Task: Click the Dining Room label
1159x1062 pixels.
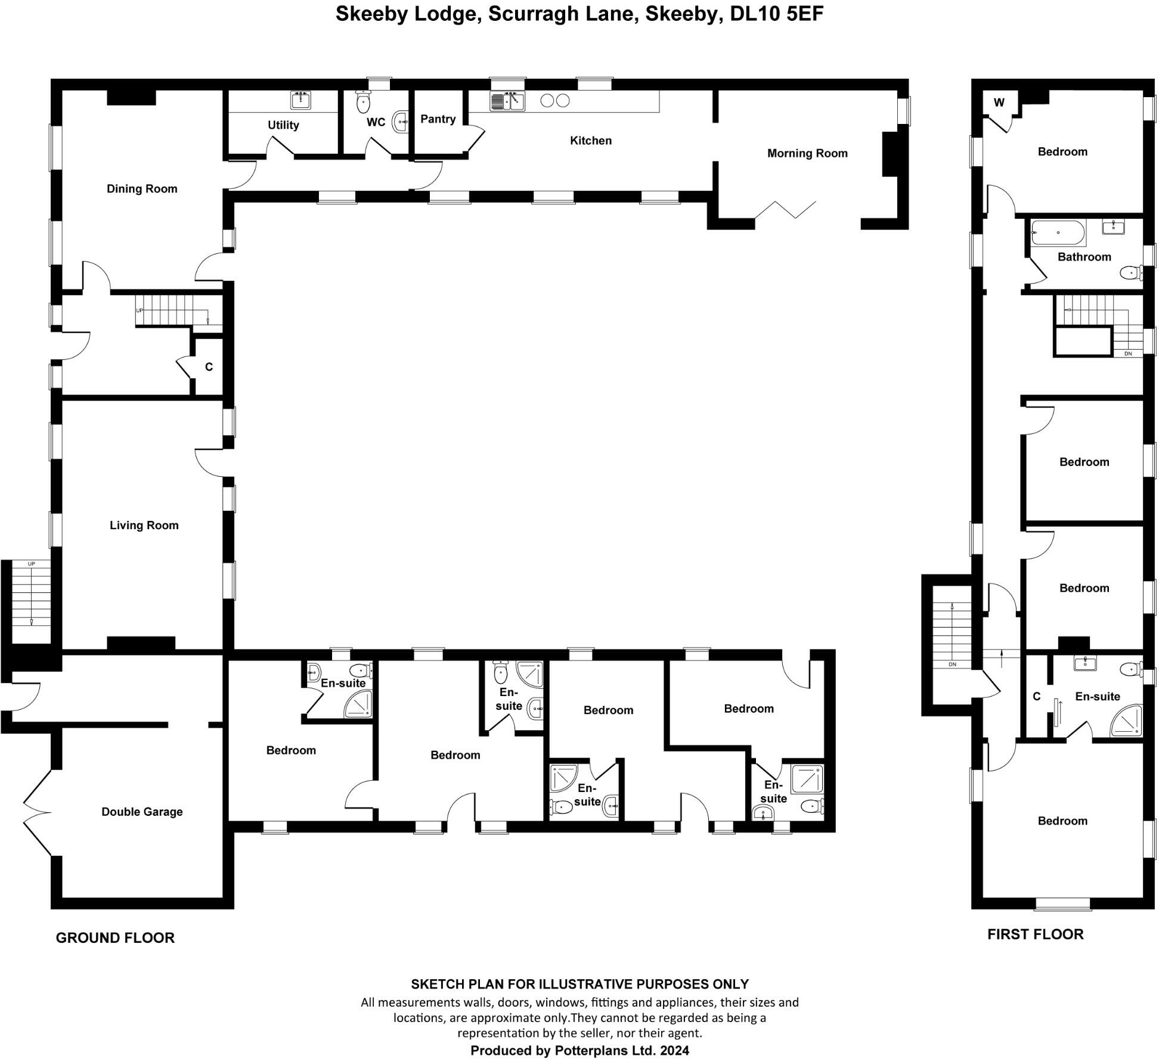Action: coord(142,189)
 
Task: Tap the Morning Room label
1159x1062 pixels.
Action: coord(807,153)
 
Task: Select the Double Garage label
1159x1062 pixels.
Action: coord(142,812)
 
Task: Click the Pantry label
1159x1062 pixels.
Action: coord(438,119)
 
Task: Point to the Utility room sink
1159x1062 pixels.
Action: coord(300,101)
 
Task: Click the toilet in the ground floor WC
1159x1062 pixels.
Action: coord(362,103)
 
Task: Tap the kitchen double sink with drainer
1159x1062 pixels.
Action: coord(507,102)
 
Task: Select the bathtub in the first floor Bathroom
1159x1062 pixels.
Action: coord(1058,232)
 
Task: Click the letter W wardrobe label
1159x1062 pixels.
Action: coord(999,103)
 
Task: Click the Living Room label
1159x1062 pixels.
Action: coord(144,525)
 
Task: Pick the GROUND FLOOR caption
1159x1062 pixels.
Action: coord(115,937)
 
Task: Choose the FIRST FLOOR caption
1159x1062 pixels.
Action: coord(1035,934)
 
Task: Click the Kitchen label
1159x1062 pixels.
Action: coord(590,141)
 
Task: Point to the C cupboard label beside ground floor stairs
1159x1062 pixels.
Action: coord(209,367)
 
